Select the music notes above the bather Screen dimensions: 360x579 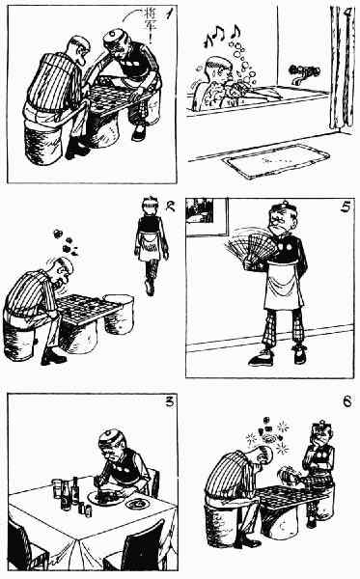(222, 36)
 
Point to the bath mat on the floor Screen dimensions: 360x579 (277, 161)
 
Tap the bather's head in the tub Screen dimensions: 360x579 (218, 70)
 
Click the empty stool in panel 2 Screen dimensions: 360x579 (119, 314)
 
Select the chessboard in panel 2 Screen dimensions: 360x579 (88, 308)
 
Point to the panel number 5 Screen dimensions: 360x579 (346, 207)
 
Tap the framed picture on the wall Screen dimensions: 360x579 (207, 217)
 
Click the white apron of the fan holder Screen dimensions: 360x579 (283, 284)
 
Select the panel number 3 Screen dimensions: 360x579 (170, 401)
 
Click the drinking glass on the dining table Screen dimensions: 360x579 (57, 488)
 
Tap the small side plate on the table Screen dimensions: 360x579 (137, 503)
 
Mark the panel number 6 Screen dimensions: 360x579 (347, 401)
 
